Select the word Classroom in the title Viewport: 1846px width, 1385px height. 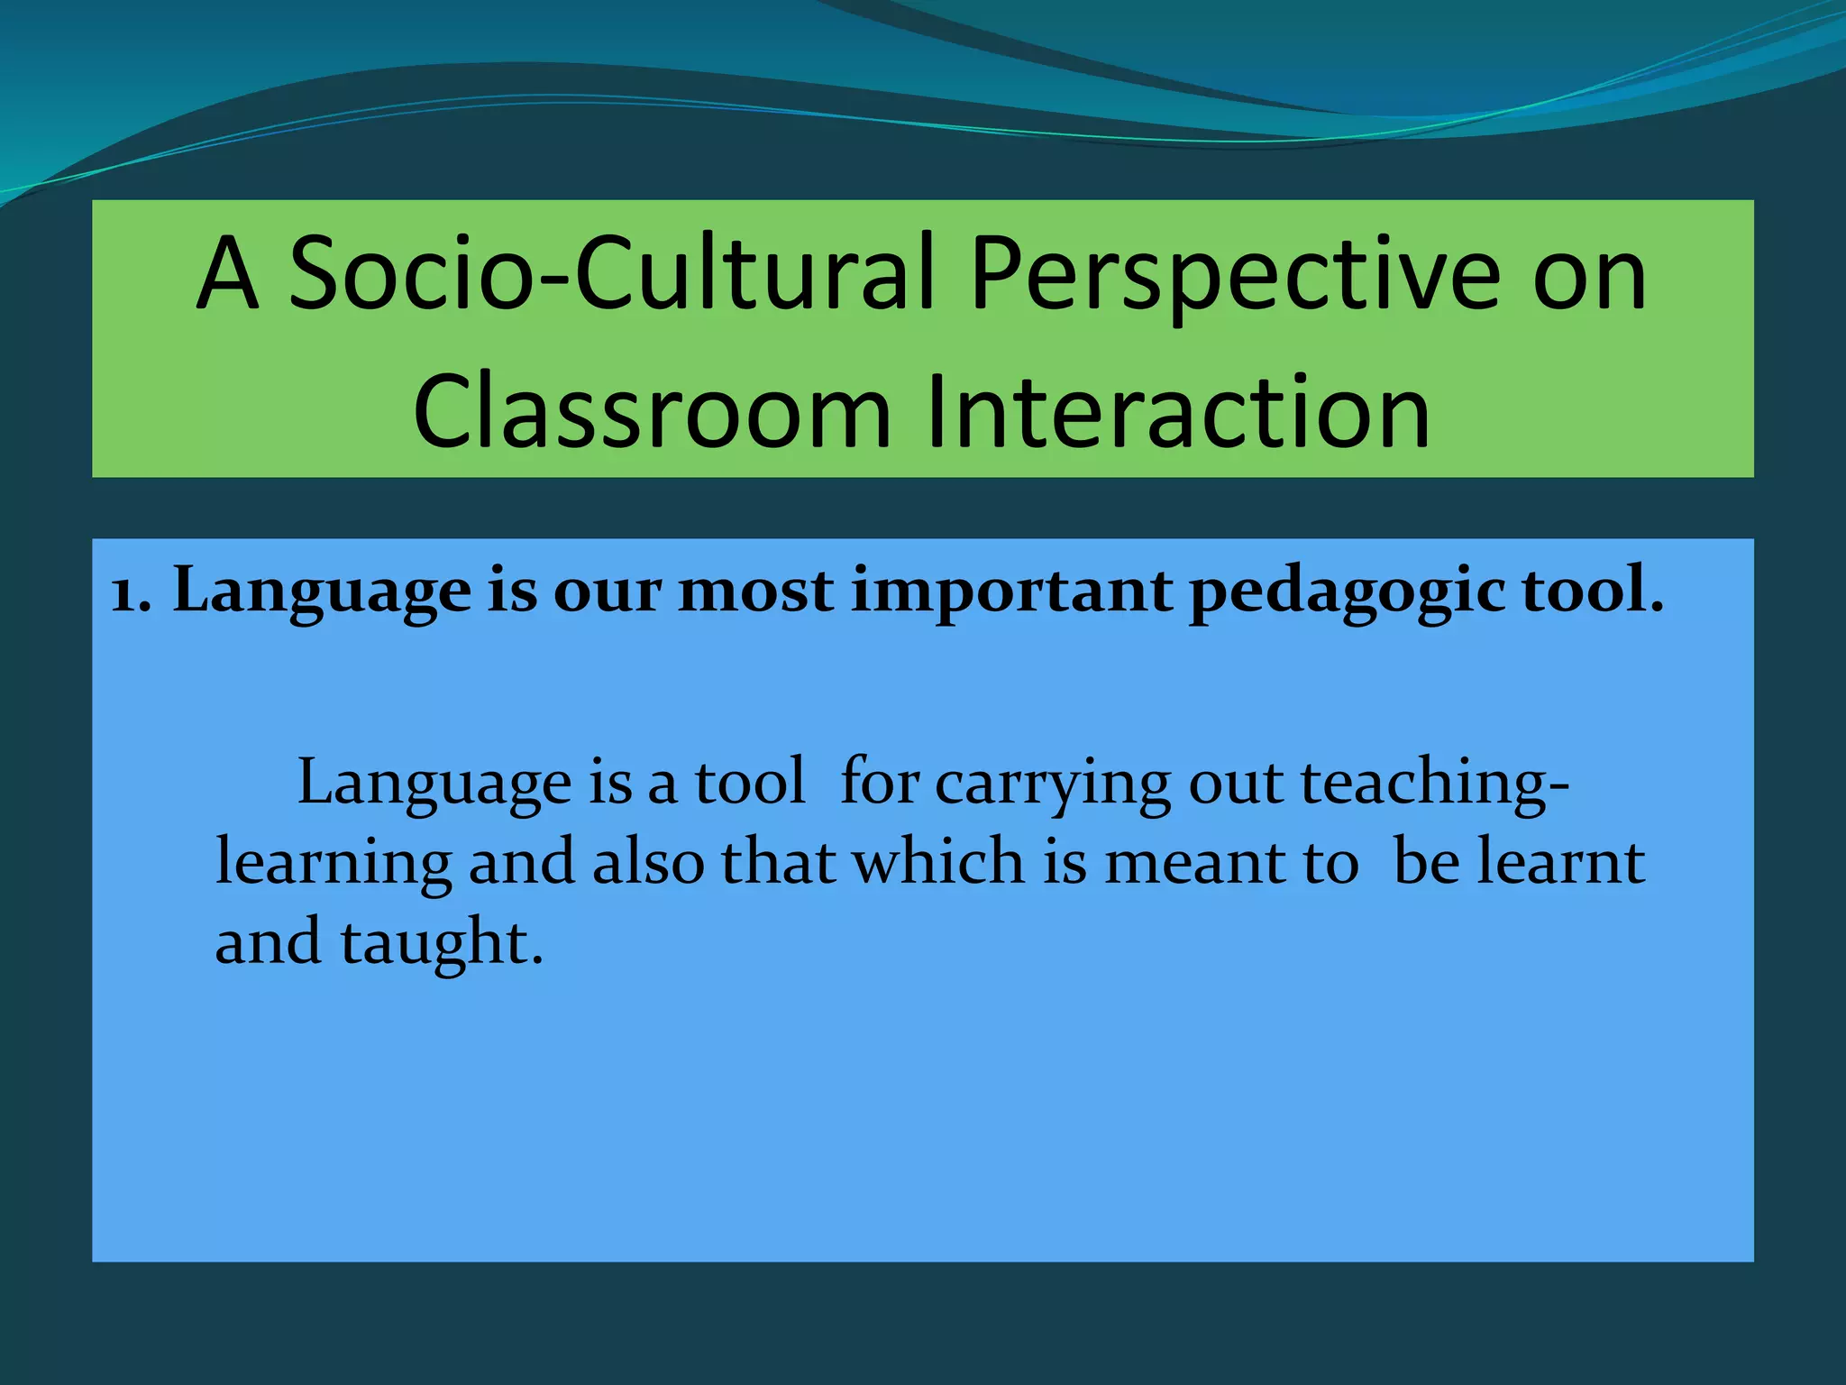click(x=652, y=411)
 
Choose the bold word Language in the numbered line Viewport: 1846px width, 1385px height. click(x=322, y=592)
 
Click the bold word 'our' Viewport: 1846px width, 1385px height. click(x=607, y=593)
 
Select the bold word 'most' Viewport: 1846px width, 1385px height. click(x=755, y=592)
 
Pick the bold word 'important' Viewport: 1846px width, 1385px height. click(x=1011, y=592)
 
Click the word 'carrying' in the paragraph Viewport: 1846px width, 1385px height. click(x=1052, y=784)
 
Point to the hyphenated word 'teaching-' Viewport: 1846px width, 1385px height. click(x=1434, y=784)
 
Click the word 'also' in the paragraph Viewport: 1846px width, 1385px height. click(x=647, y=862)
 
